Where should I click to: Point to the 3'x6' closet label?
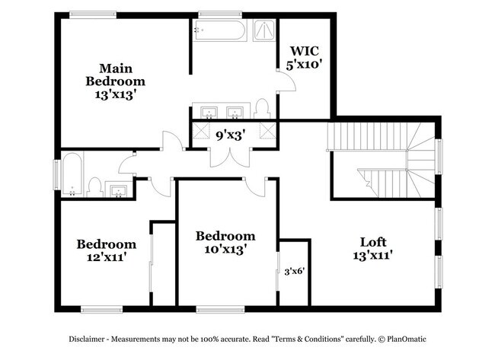tap(293, 269)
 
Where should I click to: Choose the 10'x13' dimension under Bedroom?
tap(225, 248)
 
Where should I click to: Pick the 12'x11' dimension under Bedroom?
tap(106, 256)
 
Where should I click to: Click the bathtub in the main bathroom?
tap(219, 31)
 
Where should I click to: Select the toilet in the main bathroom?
tap(262, 107)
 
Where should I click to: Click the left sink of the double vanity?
tap(208, 113)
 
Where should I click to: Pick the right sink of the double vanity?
tap(235, 113)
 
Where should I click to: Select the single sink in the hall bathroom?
tap(118, 189)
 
